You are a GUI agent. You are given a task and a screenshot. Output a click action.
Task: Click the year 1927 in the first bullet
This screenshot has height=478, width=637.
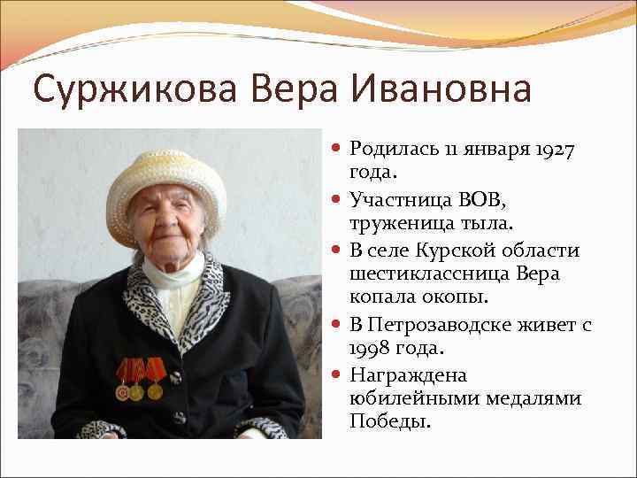(555, 150)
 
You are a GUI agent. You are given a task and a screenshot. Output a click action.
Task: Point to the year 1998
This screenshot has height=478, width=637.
(372, 348)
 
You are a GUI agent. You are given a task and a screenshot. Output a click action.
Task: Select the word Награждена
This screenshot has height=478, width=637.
(408, 374)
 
